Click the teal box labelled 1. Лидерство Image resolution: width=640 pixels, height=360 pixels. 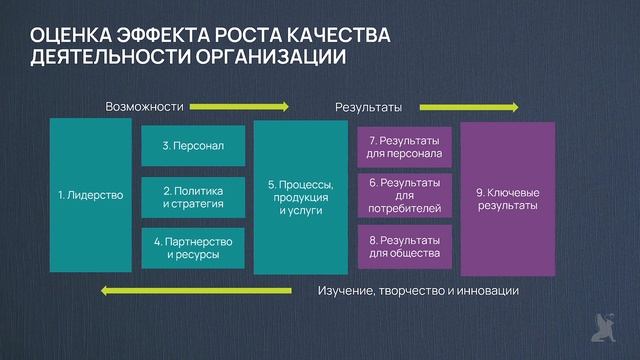[x=90, y=195]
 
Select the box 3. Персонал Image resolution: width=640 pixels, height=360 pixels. [x=193, y=146]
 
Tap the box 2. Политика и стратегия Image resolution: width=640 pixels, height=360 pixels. [x=193, y=197]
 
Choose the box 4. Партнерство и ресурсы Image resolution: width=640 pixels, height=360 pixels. [x=193, y=248]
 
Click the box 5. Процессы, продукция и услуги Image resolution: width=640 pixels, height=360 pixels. [x=300, y=197]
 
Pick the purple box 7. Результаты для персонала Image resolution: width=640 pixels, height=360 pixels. [x=404, y=146]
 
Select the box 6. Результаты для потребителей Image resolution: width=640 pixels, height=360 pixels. [x=404, y=196]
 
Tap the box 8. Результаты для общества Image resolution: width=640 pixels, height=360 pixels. [x=404, y=247]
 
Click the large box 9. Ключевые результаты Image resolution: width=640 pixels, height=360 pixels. [x=507, y=197]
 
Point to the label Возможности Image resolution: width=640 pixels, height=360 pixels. [x=145, y=106]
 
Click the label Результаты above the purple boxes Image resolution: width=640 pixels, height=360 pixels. [x=367, y=106]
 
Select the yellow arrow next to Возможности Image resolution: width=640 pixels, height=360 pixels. [x=239, y=106]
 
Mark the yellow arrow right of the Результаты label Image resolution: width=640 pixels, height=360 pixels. [x=469, y=106]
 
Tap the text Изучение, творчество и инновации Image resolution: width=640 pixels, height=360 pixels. [x=418, y=291]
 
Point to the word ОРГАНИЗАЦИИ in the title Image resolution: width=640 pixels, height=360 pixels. [x=280, y=58]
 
